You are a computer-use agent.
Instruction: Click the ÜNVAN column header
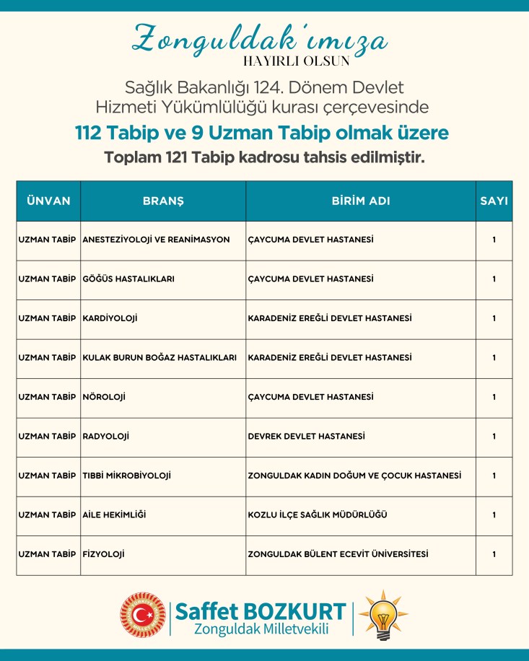pyautogui.click(x=48, y=201)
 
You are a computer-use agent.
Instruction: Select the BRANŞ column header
pyautogui.click(x=163, y=201)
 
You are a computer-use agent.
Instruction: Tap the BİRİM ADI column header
pyautogui.click(x=361, y=201)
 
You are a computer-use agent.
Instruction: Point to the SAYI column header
pyautogui.click(x=494, y=201)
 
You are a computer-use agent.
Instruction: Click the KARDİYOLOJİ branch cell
pyautogui.click(x=110, y=318)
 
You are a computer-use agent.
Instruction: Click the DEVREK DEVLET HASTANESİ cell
pyautogui.click(x=306, y=437)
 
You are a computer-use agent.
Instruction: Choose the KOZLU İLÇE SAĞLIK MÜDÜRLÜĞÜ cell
pyautogui.click(x=318, y=515)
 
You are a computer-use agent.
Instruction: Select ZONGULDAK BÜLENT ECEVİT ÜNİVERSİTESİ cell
pyautogui.click(x=338, y=554)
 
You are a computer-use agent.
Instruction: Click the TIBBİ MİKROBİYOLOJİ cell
pyautogui.click(x=127, y=476)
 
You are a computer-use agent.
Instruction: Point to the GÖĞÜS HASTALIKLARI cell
pyautogui.click(x=128, y=279)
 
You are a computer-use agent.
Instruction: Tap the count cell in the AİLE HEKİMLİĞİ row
pyautogui.click(x=494, y=515)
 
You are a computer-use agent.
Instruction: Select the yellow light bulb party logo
pyautogui.click(x=382, y=616)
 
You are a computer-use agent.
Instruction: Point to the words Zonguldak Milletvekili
pyautogui.click(x=261, y=629)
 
